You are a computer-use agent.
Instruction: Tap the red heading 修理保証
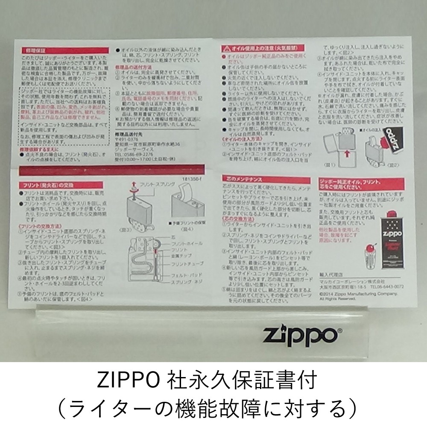(35, 50)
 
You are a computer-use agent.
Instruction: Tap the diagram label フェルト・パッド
(184, 276)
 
